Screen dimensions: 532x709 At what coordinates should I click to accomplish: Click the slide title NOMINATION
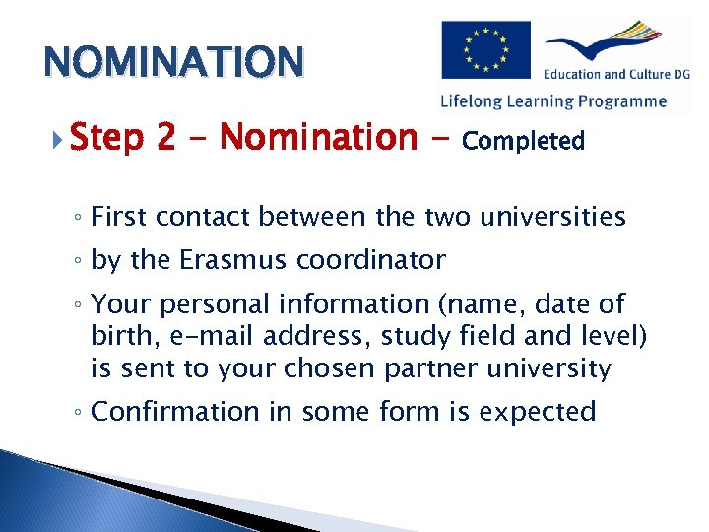point(172,61)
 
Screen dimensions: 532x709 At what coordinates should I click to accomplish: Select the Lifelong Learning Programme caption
point(553,100)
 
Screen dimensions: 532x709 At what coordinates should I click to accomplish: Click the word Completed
point(523,141)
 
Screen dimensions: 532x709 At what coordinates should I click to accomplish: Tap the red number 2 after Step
point(165,138)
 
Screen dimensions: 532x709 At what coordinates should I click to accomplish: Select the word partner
point(422,368)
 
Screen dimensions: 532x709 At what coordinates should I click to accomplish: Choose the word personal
point(207,305)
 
